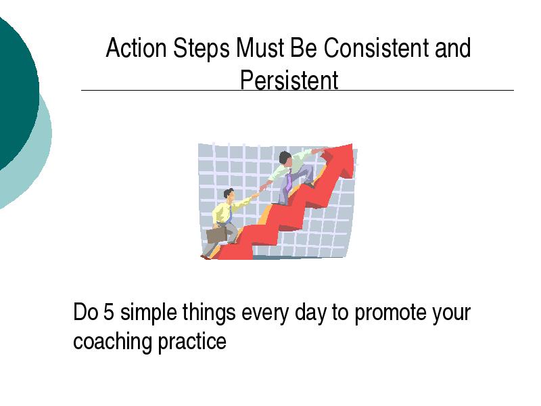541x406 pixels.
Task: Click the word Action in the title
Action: tap(136, 47)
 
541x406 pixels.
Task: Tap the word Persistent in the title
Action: tap(289, 80)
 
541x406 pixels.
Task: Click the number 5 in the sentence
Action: tap(108, 312)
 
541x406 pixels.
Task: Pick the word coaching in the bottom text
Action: tap(113, 342)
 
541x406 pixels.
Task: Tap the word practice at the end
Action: tap(192, 342)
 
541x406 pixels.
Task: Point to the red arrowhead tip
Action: tap(352, 145)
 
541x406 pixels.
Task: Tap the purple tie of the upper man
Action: tap(288, 180)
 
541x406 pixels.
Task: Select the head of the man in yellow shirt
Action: tap(229, 196)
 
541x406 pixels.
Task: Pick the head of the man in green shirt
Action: tap(285, 158)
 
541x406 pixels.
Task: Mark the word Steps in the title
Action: tap(201, 49)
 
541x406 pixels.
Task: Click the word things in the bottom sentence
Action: tap(209, 313)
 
